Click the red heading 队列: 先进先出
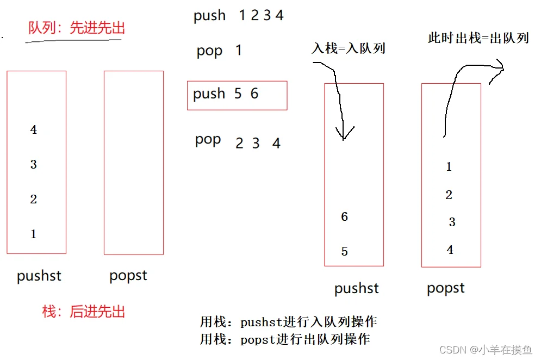pyautogui.click(x=76, y=28)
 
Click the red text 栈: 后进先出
pyautogui.click(x=83, y=312)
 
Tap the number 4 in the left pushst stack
pyautogui.click(x=34, y=129)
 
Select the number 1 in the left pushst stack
pyautogui.click(x=34, y=234)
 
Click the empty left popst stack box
pyautogui.click(x=104, y=163)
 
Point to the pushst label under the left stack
pyautogui.click(x=39, y=276)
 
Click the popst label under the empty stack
pyautogui.click(x=128, y=276)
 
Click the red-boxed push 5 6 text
pyautogui.click(x=226, y=94)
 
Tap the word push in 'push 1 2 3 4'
pyautogui.click(x=209, y=16)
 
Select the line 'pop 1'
pyautogui.click(x=219, y=51)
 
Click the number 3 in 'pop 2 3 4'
pyautogui.click(x=256, y=143)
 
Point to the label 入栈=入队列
pyautogui.click(x=349, y=48)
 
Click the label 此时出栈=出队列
pyautogui.click(x=478, y=38)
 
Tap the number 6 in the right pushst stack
pyautogui.click(x=344, y=216)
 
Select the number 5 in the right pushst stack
pyautogui.click(x=344, y=251)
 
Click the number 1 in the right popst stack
pyautogui.click(x=449, y=167)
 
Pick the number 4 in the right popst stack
pyautogui.click(x=450, y=250)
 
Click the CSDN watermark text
pyautogui.click(x=486, y=350)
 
